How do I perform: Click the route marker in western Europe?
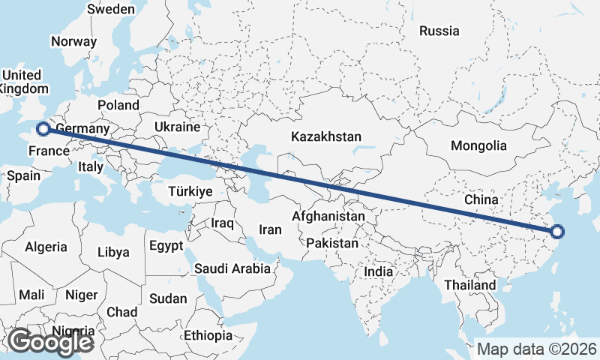click(43, 129)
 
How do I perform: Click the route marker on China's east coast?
click(556, 232)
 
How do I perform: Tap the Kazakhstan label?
click(326, 137)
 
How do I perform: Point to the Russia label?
click(439, 31)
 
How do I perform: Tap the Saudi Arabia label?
click(232, 268)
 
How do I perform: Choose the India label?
click(379, 272)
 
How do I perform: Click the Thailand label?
click(469, 285)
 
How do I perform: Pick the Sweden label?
click(111, 10)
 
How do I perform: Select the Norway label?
click(74, 42)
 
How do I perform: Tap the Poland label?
click(118, 106)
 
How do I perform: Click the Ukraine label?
click(177, 127)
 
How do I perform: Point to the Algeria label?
click(46, 247)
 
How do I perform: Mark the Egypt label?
click(166, 246)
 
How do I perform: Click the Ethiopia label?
click(208, 335)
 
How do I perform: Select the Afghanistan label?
click(328, 217)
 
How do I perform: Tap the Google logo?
click(49, 342)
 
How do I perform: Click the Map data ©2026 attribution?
click(537, 349)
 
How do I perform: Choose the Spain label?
click(23, 176)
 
